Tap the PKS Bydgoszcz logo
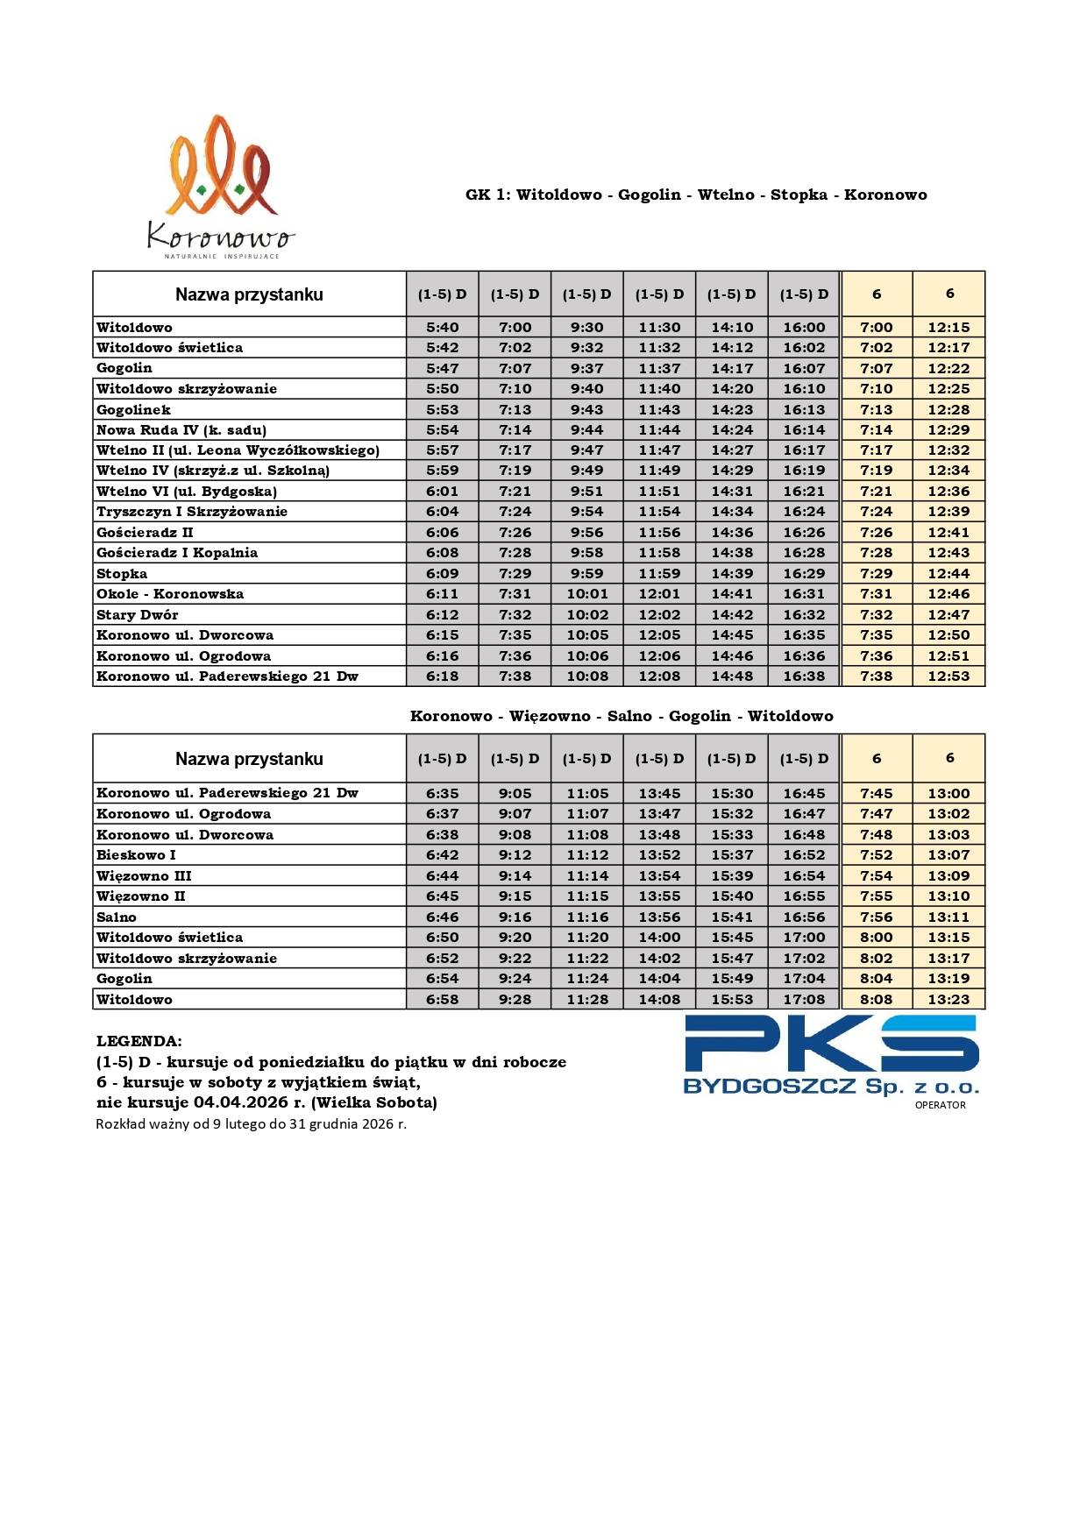coord(830,1055)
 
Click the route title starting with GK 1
coord(696,195)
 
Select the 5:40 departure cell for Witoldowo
coord(442,327)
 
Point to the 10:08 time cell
coord(587,676)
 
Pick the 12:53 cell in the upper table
coord(948,676)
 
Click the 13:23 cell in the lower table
coord(948,999)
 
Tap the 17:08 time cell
coord(804,999)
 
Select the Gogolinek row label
coord(133,409)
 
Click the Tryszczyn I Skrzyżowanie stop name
coord(192,512)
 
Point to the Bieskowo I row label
coord(136,855)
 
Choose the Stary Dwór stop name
coord(137,614)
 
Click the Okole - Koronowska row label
coord(170,594)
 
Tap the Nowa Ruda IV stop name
coord(181,430)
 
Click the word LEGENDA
coord(139,1041)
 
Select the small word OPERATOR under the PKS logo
coord(940,1105)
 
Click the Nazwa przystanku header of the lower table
coord(249,759)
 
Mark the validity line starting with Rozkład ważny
coord(251,1123)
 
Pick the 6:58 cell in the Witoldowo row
coord(442,999)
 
